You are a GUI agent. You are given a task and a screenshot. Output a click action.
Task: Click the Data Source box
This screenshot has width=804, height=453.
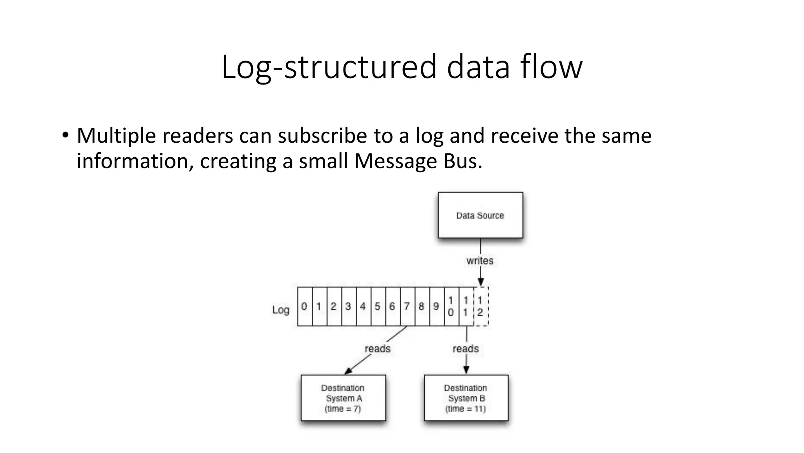tap(480, 215)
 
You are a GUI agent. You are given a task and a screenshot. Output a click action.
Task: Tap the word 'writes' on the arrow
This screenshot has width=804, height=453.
tap(480, 261)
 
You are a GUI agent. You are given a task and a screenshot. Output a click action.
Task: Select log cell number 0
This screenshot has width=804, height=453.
tap(304, 306)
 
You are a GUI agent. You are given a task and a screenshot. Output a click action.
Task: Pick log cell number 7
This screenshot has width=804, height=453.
tap(407, 306)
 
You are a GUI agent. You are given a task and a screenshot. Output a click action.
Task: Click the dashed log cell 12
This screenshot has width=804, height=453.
tap(481, 306)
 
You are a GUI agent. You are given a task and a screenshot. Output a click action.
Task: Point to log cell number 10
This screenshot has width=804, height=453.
tap(451, 306)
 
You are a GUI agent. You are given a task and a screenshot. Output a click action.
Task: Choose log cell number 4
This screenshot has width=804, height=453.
tap(363, 306)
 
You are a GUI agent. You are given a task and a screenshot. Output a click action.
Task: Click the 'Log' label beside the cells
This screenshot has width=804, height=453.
tap(281, 310)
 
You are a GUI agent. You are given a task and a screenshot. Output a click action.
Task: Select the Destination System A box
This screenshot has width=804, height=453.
tap(343, 398)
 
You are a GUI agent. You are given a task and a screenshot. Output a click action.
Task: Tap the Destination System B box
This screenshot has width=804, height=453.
tap(466, 398)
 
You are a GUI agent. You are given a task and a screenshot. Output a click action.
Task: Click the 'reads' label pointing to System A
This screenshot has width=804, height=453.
tap(378, 349)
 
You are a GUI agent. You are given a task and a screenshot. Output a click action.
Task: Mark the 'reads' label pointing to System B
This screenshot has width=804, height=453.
tap(466, 349)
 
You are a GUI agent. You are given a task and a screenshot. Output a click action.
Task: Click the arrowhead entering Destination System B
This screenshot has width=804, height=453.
tap(466, 370)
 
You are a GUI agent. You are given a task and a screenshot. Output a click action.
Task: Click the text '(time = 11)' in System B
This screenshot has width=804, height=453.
tap(466, 409)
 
